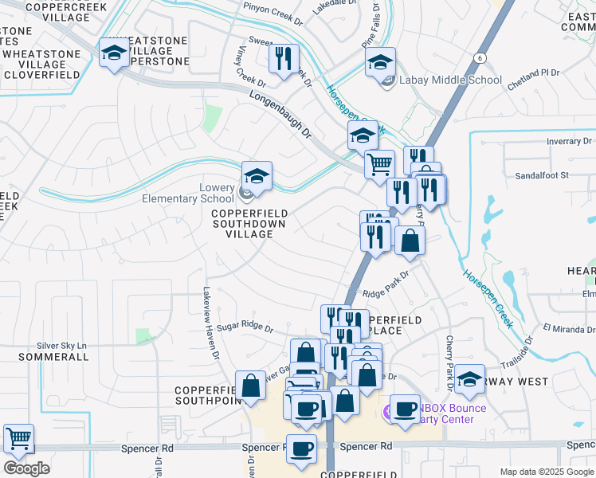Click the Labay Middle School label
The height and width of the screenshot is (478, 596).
click(x=451, y=80)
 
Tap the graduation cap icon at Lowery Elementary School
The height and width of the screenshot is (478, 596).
click(x=257, y=176)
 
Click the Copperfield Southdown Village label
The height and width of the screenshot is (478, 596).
click(x=249, y=224)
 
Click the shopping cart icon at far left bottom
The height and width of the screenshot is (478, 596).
click(x=18, y=438)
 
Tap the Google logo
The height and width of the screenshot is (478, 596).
click(x=27, y=468)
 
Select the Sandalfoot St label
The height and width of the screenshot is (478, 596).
click(x=541, y=174)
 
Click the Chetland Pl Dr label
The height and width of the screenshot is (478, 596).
click(x=534, y=72)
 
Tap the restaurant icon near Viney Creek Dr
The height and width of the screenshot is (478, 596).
click(x=283, y=58)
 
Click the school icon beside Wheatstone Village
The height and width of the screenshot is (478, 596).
click(x=114, y=53)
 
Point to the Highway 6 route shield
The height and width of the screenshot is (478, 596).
click(x=480, y=57)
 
